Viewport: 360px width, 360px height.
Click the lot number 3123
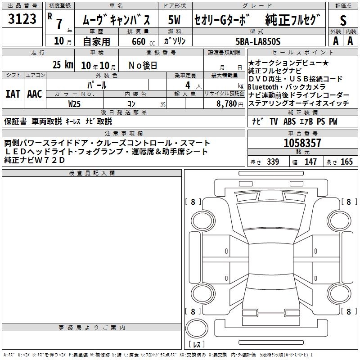tap(22, 19)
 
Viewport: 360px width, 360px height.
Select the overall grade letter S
tap(343, 20)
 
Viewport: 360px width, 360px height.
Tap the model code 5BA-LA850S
tap(258, 41)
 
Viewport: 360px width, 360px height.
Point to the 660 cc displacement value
tap(143, 41)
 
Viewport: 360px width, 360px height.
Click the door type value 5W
tap(174, 20)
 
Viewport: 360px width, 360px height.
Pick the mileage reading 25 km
tap(63, 65)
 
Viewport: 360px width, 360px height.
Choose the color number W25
tap(74, 104)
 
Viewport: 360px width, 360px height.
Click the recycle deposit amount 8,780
tap(227, 104)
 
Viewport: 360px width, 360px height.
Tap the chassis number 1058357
tap(302, 143)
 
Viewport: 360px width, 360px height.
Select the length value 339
tap(273, 162)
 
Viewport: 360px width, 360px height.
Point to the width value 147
tap(310, 162)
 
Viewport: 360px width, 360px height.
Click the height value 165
tap(346, 162)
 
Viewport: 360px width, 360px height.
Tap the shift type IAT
tap(13, 94)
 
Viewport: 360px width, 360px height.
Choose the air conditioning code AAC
tap(35, 94)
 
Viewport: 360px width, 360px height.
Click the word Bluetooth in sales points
tap(263, 87)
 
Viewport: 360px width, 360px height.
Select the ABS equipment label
tap(289, 121)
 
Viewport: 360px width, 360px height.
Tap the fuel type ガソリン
tap(175, 41)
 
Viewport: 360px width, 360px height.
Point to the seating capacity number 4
tap(188, 85)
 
